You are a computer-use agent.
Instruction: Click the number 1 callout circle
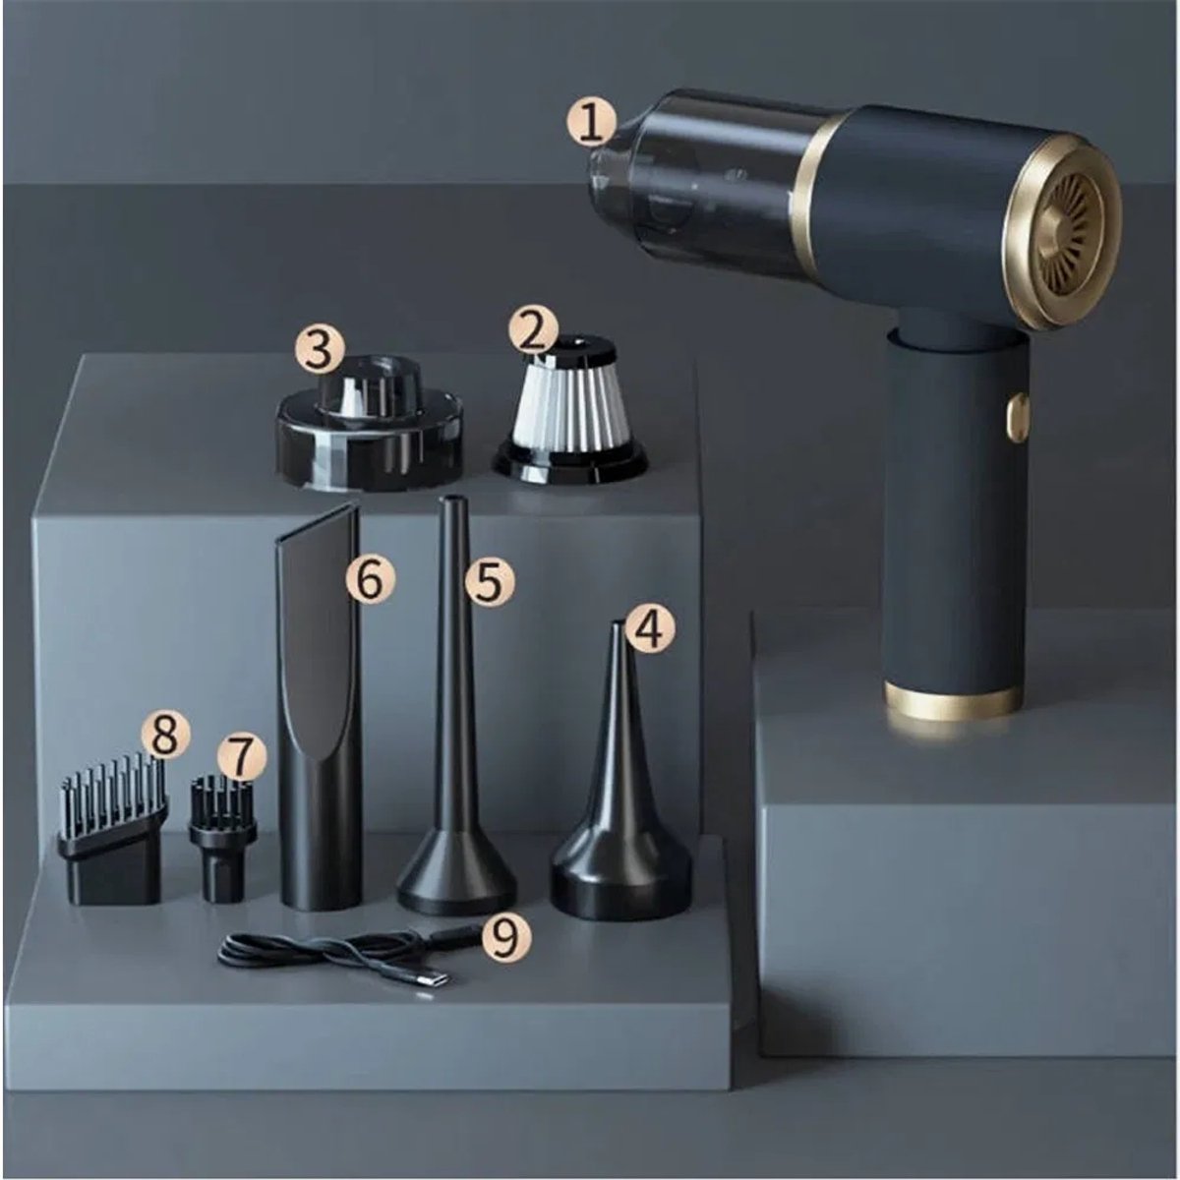(x=590, y=123)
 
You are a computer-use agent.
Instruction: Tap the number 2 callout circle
(x=533, y=331)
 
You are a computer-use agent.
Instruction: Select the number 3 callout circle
(x=320, y=350)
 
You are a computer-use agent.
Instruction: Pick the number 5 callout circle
(x=488, y=582)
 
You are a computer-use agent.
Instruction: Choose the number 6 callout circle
(x=370, y=578)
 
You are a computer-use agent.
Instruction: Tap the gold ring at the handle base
(x=954, y=701)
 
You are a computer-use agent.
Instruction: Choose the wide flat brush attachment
(x=113, y=833)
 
